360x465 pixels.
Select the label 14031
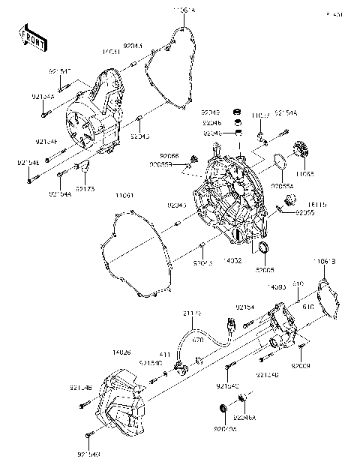pos(112,52)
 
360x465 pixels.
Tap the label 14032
pos(232,259)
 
